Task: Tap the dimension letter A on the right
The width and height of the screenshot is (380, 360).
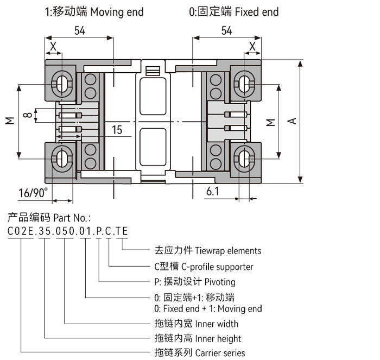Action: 292,121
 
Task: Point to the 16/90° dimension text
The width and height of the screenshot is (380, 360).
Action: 33,193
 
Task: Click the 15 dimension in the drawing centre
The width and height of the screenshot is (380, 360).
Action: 117,130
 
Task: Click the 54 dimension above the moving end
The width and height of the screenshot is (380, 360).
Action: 80,31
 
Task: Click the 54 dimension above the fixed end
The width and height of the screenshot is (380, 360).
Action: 226,31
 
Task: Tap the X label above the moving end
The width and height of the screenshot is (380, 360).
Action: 53,47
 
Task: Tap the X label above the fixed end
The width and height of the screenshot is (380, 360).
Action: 252,47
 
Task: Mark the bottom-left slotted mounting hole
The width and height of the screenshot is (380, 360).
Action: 60,159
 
